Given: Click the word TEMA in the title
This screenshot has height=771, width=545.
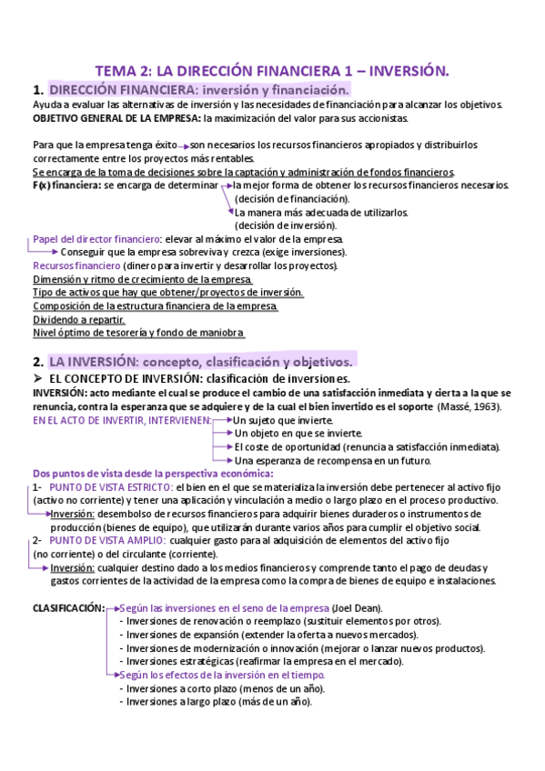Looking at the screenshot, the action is point(117,70).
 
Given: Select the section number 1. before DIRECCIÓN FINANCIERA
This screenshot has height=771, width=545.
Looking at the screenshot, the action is point(37,90).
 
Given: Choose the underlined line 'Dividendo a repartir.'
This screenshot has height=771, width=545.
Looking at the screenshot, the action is point(79,320).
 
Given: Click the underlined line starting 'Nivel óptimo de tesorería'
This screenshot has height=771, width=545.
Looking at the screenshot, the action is point(138,333).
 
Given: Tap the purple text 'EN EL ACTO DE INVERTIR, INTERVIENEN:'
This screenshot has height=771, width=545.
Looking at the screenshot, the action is point(122,421).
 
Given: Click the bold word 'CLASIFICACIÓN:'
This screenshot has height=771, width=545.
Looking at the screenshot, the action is point(68,608).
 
